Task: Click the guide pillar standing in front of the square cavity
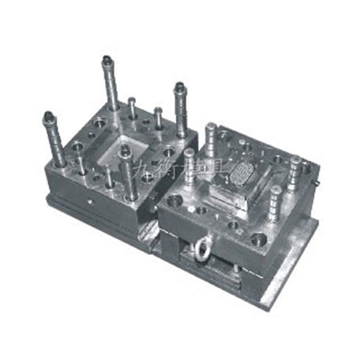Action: [127, 171]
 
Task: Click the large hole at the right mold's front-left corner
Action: [174, 201]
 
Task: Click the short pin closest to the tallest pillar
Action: [131, 109]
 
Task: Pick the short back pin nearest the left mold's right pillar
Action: [159, 118]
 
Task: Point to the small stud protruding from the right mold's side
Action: [317, 183]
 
